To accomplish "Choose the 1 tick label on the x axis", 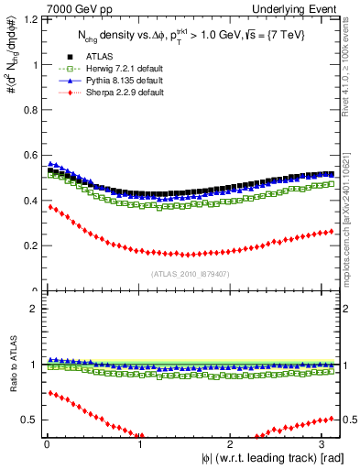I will click(138, 444).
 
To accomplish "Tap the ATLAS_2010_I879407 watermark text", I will click(190, 273).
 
